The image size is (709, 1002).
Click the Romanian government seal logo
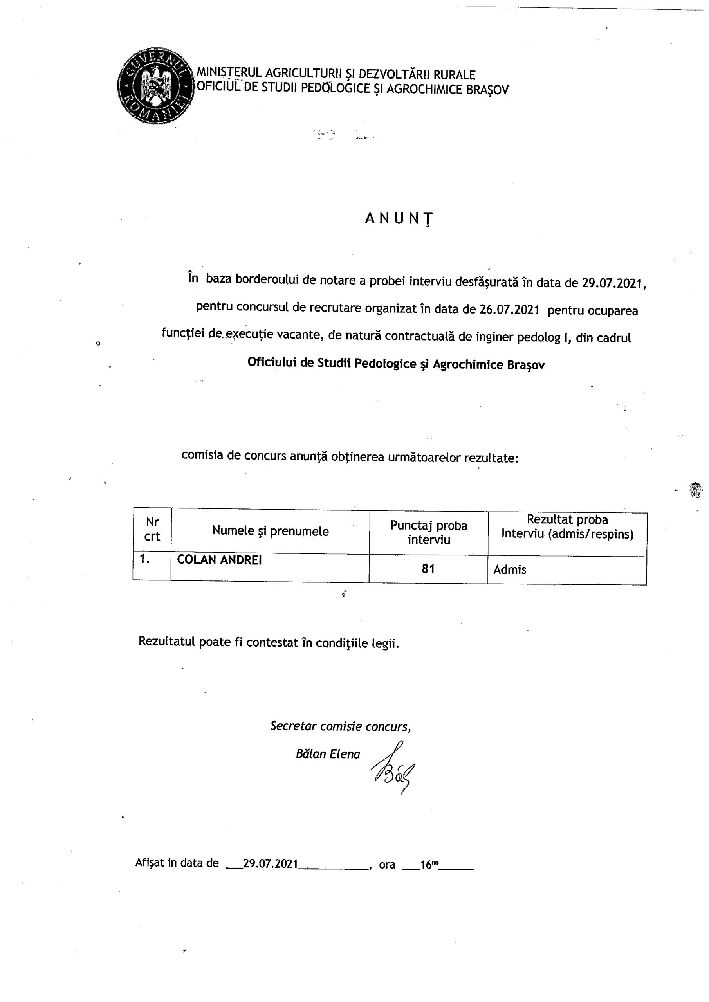[x=155, y=86]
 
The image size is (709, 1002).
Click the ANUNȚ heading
[x=399, y=218]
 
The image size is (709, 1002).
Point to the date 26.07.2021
[x=509, y=310]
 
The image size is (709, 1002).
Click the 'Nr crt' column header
[x=152, y=529]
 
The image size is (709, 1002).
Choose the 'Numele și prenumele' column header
[x=270, y=531]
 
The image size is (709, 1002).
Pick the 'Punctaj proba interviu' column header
[x=428, y=532]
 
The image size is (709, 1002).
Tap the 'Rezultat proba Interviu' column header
[x=567, y=527]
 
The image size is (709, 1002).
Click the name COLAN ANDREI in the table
[x=219, y=560]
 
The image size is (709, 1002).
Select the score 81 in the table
[x=428, y=569]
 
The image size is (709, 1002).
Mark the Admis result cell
[x=509, y=569]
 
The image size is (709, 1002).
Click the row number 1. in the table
[x=144, y=559]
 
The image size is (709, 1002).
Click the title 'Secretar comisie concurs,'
[x=340, y=726]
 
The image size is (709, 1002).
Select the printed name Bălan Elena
[x=328, y=754]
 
